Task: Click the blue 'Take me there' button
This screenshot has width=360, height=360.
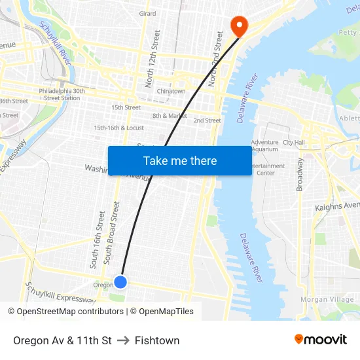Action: tap(180, 160)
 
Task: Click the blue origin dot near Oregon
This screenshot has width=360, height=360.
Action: tap(120, 281)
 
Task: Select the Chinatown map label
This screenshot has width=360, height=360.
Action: tap(171, 92)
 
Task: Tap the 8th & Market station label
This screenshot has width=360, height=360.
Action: tap(170, 116)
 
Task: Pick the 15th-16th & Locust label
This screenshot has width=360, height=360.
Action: tap(119, 128)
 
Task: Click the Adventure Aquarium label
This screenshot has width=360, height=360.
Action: tap(264, 145)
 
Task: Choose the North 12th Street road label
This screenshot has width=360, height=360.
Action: tap(153, 58)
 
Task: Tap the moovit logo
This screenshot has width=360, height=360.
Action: tap(320, 339)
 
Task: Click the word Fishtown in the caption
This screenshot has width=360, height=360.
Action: tap(157, 340)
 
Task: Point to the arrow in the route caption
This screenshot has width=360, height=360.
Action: tap(123, 340)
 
